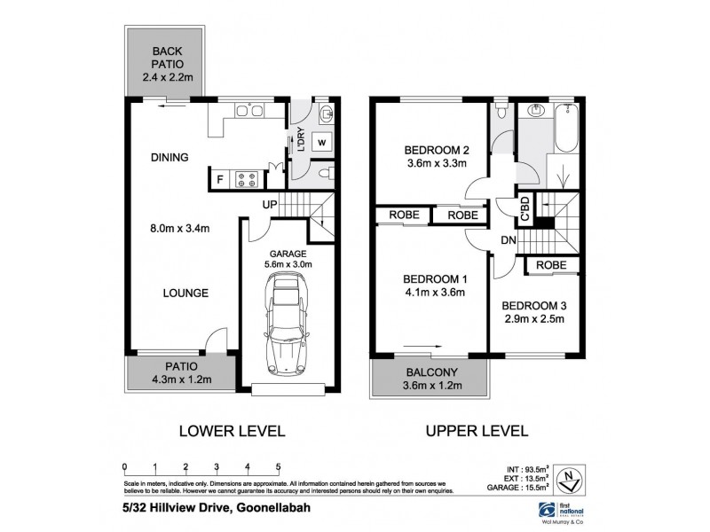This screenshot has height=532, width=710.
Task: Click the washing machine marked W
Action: pyautogui.click(x=321, y=142)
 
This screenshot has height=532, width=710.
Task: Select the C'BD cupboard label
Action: pyautogui.click(x=525, y=210)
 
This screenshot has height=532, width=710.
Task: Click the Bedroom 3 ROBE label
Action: pyautogui.click(x=552, y=264)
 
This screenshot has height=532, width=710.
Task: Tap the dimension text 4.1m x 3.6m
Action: pyautogui.click(x=430, y=293)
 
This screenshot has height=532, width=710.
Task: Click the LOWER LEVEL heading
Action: pyautogui.click(x=232, y=432)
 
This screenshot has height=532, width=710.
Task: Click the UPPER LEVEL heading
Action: pyautogui.click(x=478, y=432)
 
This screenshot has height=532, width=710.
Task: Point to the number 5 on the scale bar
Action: pyautogui.click(x=278, y=466)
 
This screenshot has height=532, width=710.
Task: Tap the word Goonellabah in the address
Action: pyautogui.click(x=273, y=506)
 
